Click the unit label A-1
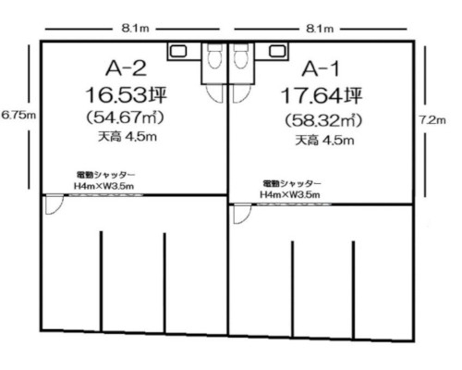coord(321,68)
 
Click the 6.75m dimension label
coord(18,115)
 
